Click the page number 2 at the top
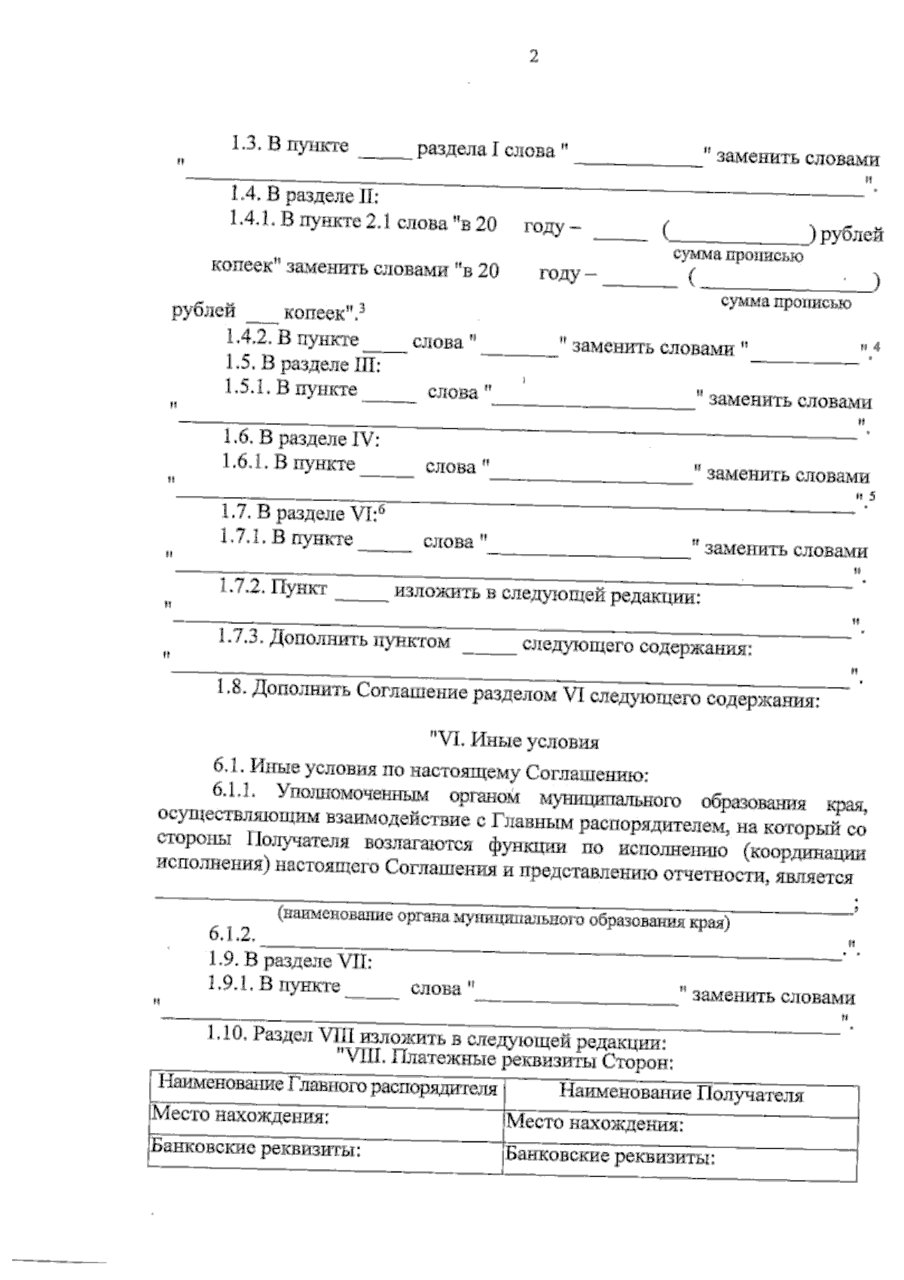pos(533,57)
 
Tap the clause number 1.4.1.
pos(252,220)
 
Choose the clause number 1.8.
pos(230,687)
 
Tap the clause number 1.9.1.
pos(230,983)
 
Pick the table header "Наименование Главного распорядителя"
pos(328,1088)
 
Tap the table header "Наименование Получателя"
pos(681,1095)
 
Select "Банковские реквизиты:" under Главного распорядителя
pos(253,1149)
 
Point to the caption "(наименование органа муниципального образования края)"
pos(503,919)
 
